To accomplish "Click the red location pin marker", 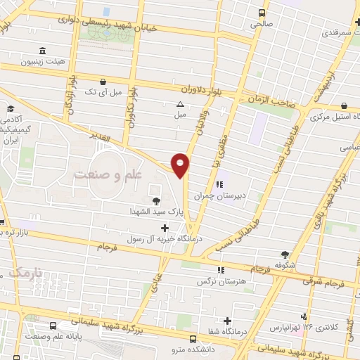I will coord(181,165).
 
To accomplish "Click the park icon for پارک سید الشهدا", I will coord(156,202).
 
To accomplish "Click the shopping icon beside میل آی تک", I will coord(104,82).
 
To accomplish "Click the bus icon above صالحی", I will coord(262,13).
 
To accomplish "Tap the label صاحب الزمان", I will coord(269,101).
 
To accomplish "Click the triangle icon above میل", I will coord(180,104).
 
